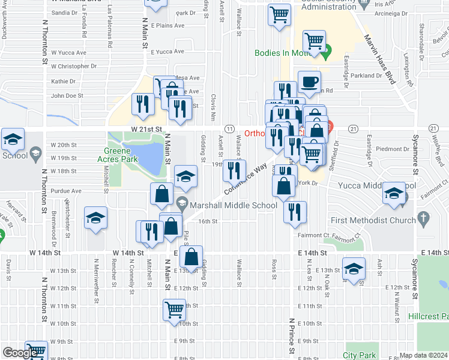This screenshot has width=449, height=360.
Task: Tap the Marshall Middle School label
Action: pos(235,205)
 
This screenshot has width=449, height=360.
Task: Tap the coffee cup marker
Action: pos(309,82)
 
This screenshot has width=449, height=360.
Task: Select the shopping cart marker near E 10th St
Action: pos(174,310)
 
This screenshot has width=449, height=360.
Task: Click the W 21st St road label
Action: pos(147,129)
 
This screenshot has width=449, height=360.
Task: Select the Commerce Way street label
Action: pos(246,179)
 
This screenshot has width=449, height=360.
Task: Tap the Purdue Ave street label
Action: pos(66,191)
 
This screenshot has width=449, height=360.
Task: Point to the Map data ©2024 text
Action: pos(423,355)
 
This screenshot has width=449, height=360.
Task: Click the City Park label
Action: pos(360,355)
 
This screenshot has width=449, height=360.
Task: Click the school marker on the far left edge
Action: pos(12,140)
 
